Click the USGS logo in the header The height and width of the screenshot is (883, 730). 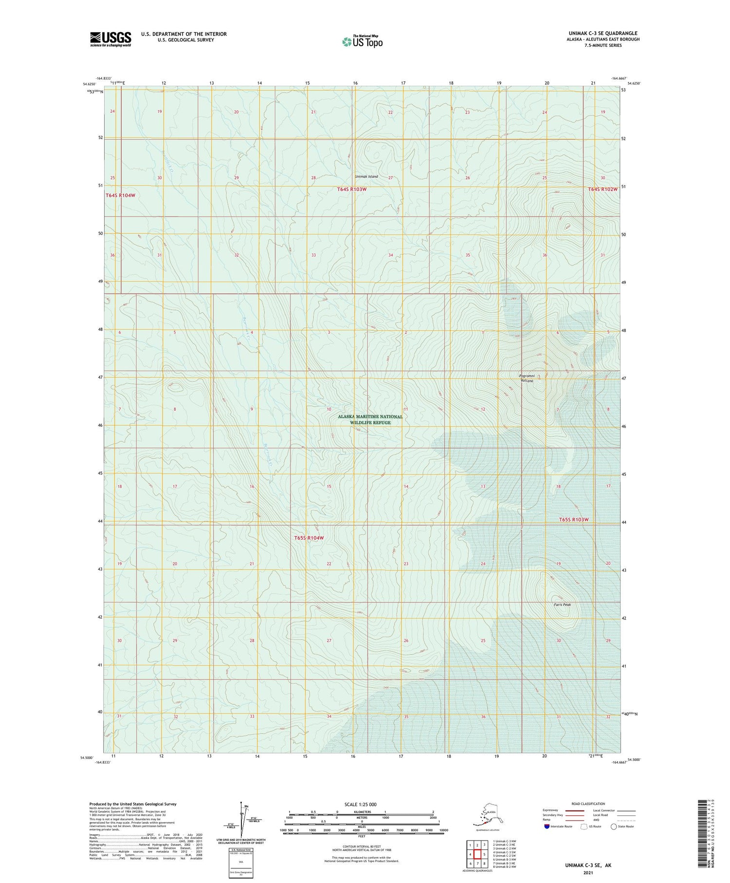[x=110, y=39]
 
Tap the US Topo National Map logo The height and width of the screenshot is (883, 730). [x=363, y=41]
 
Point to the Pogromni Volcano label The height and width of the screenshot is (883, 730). [x=527, y=378]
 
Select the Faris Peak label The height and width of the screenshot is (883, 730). [x=562, y=604]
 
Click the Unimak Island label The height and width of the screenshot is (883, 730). [x=366, y=176]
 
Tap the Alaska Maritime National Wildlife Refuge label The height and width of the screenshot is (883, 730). [x=370, y=420]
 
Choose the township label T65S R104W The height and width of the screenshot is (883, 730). [x=309, y=538]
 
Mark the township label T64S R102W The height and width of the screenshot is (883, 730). [x=602, y=189]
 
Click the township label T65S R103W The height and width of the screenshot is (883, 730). [x=574, y=520]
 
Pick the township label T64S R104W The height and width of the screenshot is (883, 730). [x=120, y=195]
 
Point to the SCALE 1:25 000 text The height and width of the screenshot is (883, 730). [x=360, y=805]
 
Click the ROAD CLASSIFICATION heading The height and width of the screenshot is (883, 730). [x=588, y=804]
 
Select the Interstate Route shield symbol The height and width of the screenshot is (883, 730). [x=547, y=827]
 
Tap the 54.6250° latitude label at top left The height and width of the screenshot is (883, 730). [x=90, y=84]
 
